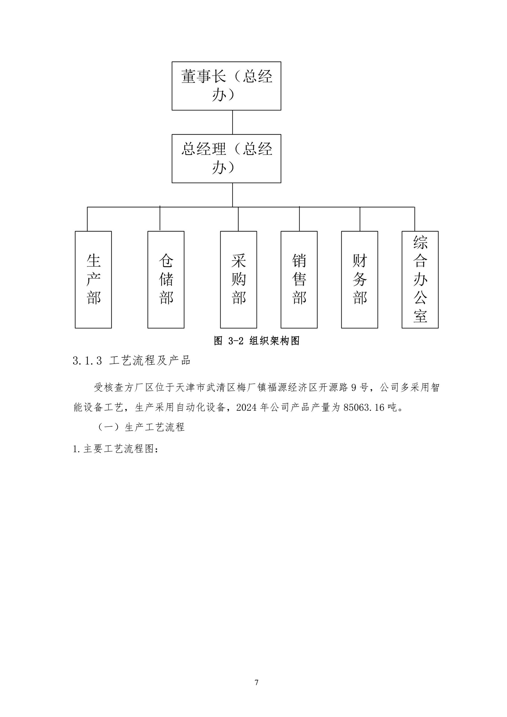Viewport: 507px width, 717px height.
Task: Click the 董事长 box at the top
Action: [226, 86]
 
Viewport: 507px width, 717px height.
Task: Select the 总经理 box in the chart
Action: [226, 159]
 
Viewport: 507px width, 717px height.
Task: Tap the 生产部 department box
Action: [93, 280]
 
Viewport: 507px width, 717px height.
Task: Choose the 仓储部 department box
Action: [166, 280]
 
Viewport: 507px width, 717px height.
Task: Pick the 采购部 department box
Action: [238, 280]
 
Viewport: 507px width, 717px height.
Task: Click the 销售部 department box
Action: [299, 280]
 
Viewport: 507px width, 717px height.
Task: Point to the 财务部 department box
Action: [360, 280]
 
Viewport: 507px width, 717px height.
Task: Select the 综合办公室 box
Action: [420, 280]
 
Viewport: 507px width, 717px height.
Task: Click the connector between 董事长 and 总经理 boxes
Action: [232, 122]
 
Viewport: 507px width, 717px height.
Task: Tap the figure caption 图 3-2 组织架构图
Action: [257, 341]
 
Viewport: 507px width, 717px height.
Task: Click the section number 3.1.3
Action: [88, 361]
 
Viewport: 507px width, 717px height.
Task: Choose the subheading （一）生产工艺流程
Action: [141, 427]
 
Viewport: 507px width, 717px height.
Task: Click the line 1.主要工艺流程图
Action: [116, 449]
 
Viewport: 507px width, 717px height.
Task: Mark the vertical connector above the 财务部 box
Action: [360, 219]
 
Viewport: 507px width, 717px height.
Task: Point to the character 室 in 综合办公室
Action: [420, 316]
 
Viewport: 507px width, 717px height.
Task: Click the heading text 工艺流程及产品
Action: [150, 361]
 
